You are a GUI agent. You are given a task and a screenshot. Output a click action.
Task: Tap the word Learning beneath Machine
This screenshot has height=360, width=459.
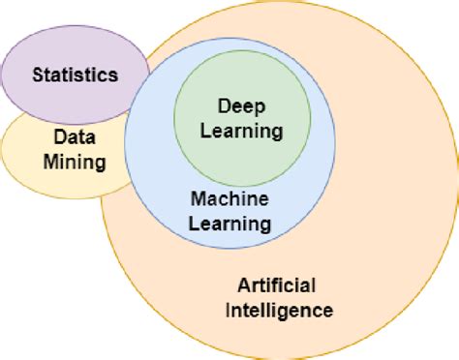[x=230, y=224]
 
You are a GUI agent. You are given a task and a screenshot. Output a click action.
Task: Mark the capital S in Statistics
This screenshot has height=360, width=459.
[x=38, y=75]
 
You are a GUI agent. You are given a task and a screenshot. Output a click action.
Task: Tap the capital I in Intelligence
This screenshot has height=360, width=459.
[x=229, y=311]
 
